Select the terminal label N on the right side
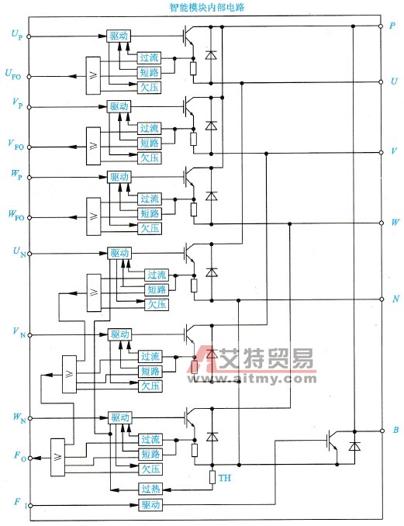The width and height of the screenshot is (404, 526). [x=393, y=299]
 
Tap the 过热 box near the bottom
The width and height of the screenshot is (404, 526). [x=150, y=489]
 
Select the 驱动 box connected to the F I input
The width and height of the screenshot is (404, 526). [x=150, y=505]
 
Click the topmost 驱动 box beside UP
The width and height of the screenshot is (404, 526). [x=119, y=36]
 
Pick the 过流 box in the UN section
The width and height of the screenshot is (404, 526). [x=157, y=275]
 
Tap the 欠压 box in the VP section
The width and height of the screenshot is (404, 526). [x=150, y=157]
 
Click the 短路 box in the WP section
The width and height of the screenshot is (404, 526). [x=150, y=213]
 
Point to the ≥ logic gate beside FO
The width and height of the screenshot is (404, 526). [x=57, y=458]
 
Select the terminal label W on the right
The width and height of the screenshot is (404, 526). [x=393, y=223]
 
